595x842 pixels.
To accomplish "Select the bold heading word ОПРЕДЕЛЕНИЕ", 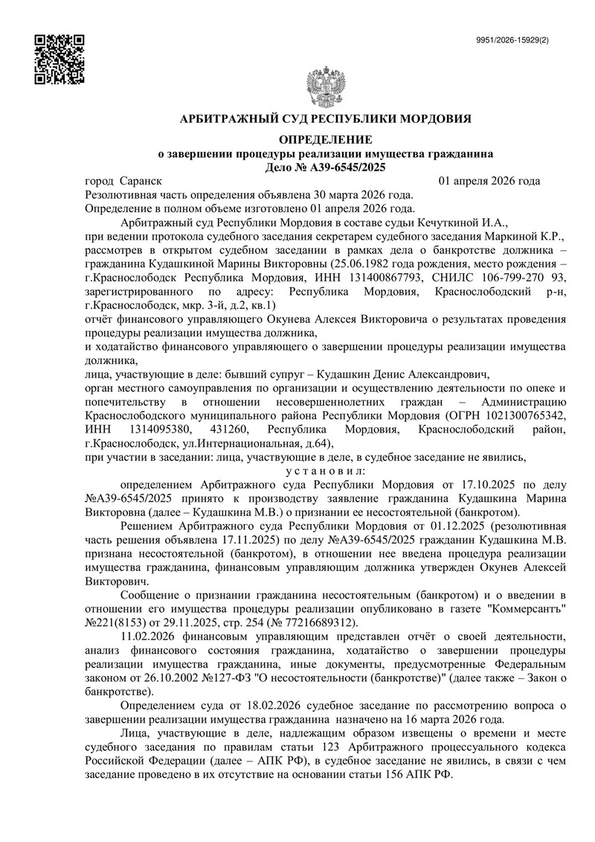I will tap(324, 141).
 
